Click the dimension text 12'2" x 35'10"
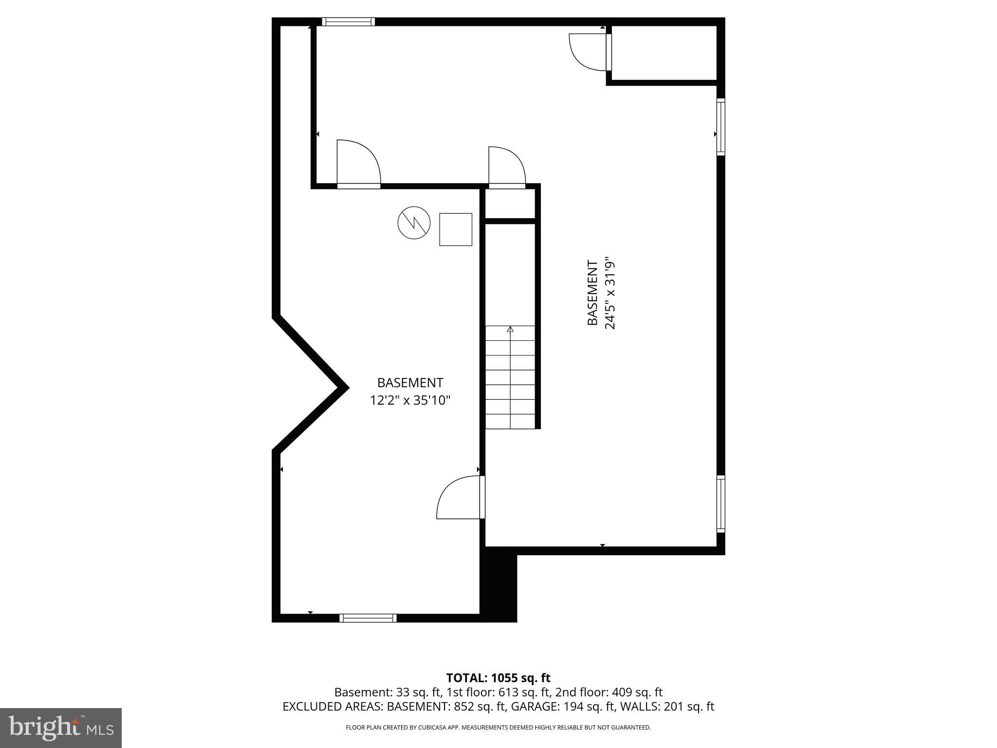[410, 400]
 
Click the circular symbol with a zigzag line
[414, 223]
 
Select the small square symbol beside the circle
[456, 229]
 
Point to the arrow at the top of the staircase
[510, 330]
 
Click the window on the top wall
[348, 21]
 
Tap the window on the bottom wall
[368, 618]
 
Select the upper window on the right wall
[720, 127]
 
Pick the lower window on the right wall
[720, 503]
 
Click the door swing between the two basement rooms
[459, 498]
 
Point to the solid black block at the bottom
[498, 585]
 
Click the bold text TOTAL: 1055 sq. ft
[498, 678]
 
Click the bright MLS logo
[61, 728]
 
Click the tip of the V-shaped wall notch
[346, 388]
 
